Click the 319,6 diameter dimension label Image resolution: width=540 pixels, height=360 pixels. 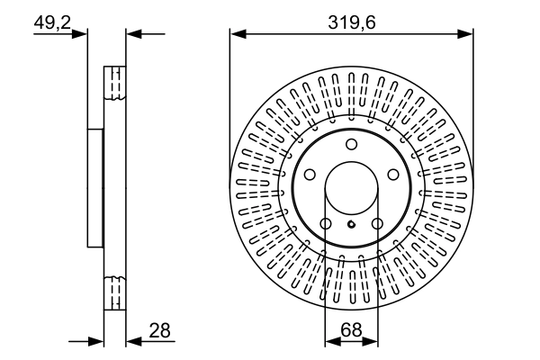click(351, 22)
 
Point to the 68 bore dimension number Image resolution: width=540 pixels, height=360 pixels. click(351, 331)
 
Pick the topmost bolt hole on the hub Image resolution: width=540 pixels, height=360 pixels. click(351, 145)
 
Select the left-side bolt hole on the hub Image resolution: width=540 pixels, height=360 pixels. click(309, 175)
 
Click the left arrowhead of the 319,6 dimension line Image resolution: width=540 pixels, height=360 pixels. click(237, 34)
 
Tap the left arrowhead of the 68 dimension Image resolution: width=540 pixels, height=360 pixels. click(329, 342)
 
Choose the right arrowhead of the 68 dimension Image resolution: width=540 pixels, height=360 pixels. click(373, 342)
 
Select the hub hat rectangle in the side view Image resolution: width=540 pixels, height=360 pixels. click(95, 187)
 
